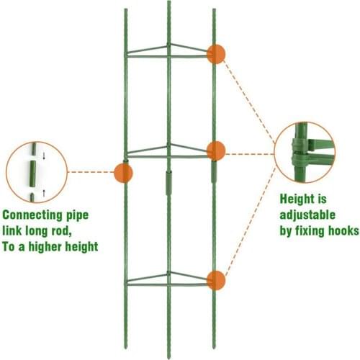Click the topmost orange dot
pos(215,54)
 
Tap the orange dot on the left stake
pos(123,172)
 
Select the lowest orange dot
pos(215,280)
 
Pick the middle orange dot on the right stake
pos(215,150)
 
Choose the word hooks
pos(338,231)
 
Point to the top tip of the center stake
pos(170,3)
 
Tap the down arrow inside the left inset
pos(44,153)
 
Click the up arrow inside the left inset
pos(44,192)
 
